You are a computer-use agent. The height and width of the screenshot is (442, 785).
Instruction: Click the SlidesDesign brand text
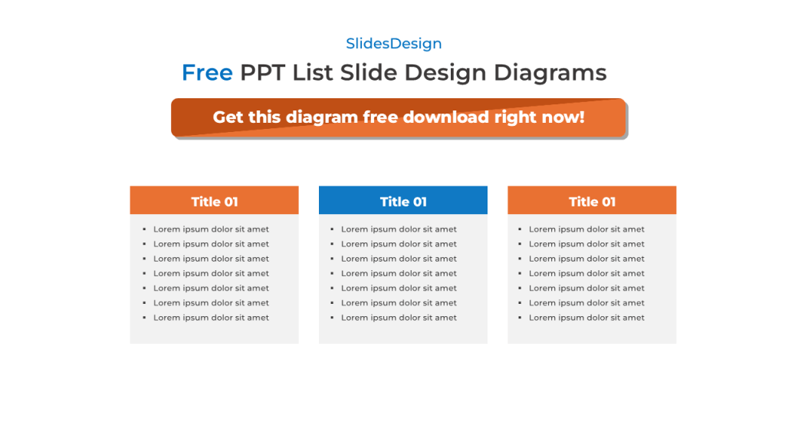pyautogui.click(x=393, y=44)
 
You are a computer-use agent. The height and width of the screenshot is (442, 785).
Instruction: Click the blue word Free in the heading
pyautogui.click(x=207, y=73)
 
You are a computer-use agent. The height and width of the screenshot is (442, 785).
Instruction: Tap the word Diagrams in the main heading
pyautogui.click(x=550, y=73)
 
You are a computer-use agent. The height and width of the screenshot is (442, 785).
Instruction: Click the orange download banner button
pyautogui.click(x=399, y=117)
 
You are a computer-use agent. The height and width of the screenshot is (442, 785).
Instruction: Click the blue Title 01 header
pyautogui.click(x=403, y=201)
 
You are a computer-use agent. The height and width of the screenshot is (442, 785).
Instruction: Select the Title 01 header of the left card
pyautogui.click(x=215, y=201)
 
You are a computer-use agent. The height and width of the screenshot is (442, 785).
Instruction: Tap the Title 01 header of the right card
pyautogui.click(x=592, y=201)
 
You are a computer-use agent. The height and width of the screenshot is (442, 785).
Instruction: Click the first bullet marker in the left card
pyautogui.click(x=144, y=229)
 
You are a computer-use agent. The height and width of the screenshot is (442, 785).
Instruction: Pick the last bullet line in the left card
pyautogui.click(x=211, y=318)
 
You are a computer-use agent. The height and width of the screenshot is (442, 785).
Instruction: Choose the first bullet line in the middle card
pyautogui.click(x=399, y=229)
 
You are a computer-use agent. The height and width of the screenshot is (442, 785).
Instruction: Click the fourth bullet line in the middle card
pyautogui.click(x=399, y=273)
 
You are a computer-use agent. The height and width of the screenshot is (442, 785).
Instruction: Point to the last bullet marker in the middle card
pyautogui.click(x=332, y=318)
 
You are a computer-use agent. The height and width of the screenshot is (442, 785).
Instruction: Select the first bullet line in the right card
pyautogui.click(x=586, y=229)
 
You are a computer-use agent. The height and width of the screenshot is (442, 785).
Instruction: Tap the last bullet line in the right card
pyautogui.click(x=586, y=318)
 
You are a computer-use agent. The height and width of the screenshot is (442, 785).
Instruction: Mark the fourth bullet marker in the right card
pyautogui.click(x=520, y=274)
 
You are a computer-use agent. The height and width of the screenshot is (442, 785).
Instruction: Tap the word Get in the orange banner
pyautogui.click(x=228, y=117)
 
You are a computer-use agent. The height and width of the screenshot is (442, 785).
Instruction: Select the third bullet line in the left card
pyautogui.click(x=211, y=259)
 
